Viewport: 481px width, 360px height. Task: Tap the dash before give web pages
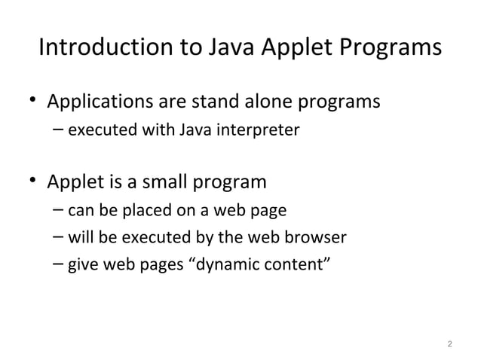click(x=59, y=265)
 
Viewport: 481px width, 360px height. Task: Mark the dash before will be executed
click(x=59, y=238)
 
